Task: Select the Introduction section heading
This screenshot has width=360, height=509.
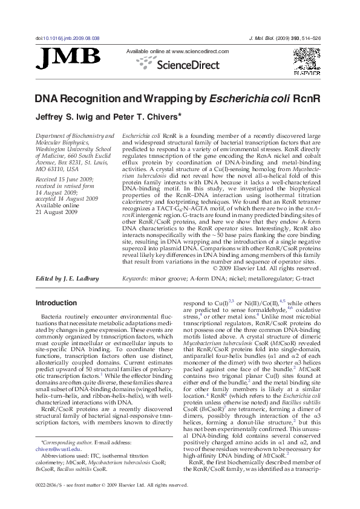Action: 56,302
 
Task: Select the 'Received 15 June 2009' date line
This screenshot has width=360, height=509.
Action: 64,180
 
